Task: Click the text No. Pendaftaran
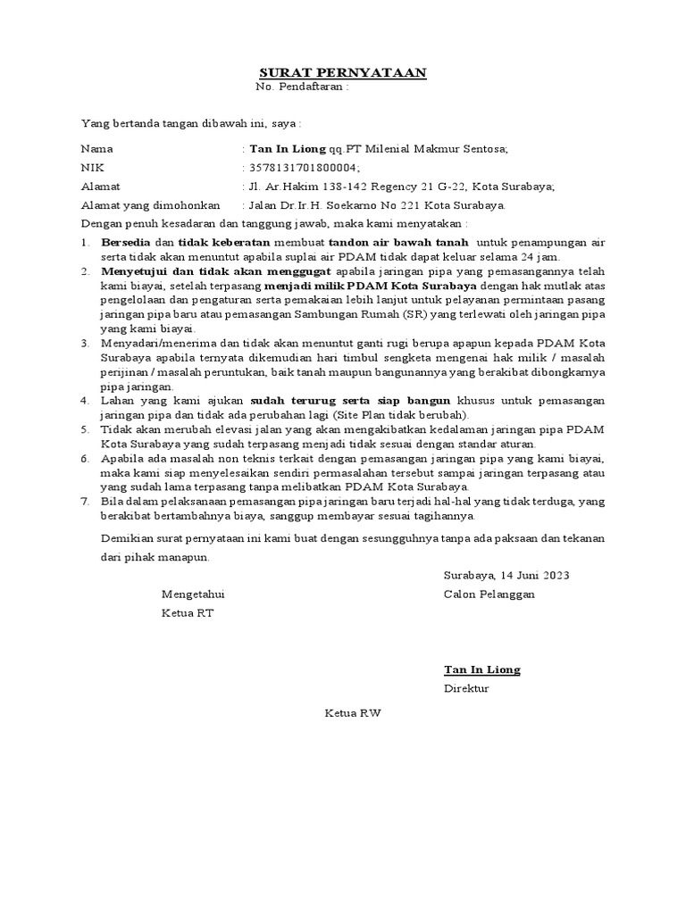[x=301, y=87]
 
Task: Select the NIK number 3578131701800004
[x=305, y=168]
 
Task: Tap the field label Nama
[x=97, y=149]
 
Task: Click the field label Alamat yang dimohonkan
[x=146, y=205]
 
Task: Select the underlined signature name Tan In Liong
[x=482, y=669]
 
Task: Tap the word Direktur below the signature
[x=466, y=689]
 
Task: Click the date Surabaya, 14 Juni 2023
[x=506, y=575]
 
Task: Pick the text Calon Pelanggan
[x=489, y=594]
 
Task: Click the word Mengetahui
[x=193, y=594]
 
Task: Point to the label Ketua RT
[x=188, y=613]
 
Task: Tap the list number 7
[x=84, y=502]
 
